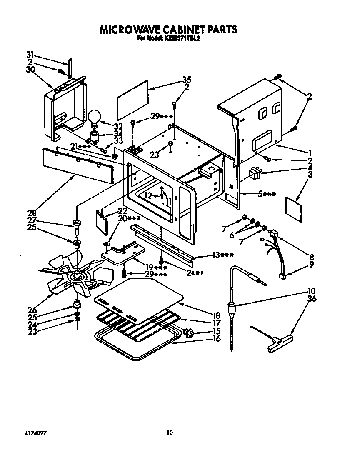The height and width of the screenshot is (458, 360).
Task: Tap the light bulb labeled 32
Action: click(95, 115)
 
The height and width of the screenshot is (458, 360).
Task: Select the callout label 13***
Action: click(222, 255)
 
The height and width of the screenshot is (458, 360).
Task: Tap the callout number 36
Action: click(312, 298)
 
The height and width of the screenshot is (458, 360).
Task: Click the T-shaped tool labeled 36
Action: click(277, 341)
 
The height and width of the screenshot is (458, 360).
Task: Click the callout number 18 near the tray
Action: click(216, 315)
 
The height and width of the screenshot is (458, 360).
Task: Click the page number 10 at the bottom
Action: click(169, 433)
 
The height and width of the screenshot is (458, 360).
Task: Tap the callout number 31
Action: click(30, 55)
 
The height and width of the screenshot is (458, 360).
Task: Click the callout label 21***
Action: click(81, 146)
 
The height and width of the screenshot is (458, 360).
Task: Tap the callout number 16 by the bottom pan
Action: click(216, 339)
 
